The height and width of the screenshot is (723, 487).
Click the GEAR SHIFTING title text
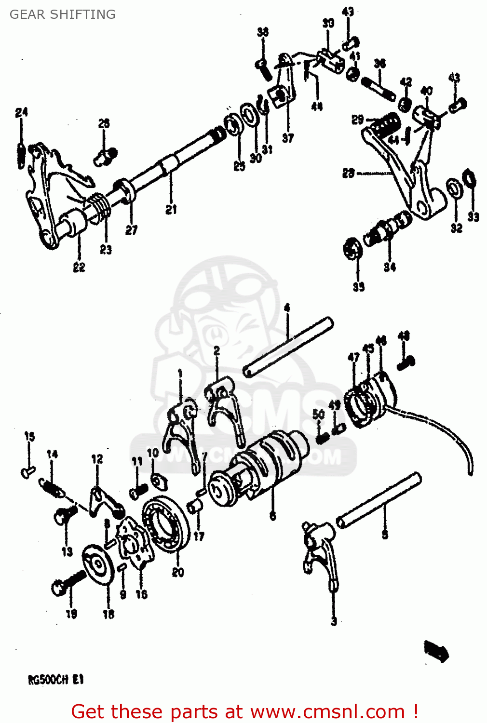click(x=63, y=14)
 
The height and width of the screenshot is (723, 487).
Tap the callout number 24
click(x=22, y=113)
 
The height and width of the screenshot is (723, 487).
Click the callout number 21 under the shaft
click(x=171, y=210)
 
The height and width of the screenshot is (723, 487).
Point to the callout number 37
click(x=288, y=138)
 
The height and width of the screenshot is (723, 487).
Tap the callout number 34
click(x=390, y=267)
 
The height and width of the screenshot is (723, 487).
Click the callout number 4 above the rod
click(x=287, y=308)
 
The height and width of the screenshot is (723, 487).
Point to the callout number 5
click(x=385, y=534)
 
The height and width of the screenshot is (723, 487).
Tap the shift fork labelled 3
click(x=321, y=554)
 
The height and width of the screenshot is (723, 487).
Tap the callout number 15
click(x=29, y=437)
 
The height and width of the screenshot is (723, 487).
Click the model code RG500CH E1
click(x=56, y=680)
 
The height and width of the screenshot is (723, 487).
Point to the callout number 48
click(x=404, y=335)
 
